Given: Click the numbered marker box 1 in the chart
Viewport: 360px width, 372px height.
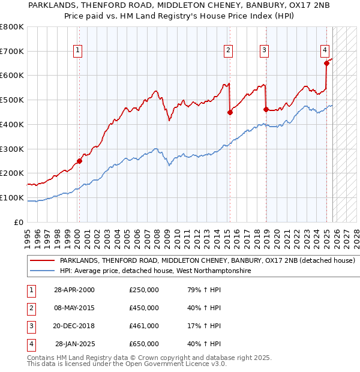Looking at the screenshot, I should (79, 51).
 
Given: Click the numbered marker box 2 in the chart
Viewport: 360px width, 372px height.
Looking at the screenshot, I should (229, 51).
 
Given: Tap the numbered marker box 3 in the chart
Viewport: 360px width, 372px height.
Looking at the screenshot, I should (265, 51).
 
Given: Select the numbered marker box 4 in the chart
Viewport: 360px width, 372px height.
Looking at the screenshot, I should (324, 51).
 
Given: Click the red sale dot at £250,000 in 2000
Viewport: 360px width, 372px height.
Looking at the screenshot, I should (79, 161).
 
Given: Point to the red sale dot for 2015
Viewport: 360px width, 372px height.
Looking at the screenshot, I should (230, 112).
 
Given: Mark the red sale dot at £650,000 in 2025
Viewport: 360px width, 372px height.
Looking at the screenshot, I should (326, 63).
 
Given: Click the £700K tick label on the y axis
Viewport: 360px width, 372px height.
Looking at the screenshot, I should (12, 52).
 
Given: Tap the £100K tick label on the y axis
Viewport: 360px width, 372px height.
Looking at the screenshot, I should (12, 197).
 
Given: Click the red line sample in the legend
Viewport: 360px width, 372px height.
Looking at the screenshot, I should (42, 261).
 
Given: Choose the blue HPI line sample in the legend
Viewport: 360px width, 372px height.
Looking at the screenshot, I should (42, 271).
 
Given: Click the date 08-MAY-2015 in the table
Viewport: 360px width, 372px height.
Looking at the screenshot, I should (74, 308).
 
